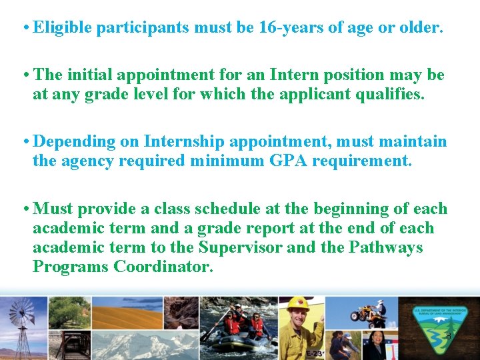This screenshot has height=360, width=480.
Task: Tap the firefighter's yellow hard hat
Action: pyautogui.click(x=297, y=303)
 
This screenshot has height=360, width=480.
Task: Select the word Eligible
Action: pyautogui.click(x=63, y=28)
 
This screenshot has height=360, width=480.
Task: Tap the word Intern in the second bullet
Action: pyautogui.click(x=249, y=75)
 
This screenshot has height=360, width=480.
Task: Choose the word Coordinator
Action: pyautogui.click(x=163, y=267)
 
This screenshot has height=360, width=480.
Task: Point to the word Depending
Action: pyautogui.click(x=69, y=142)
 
